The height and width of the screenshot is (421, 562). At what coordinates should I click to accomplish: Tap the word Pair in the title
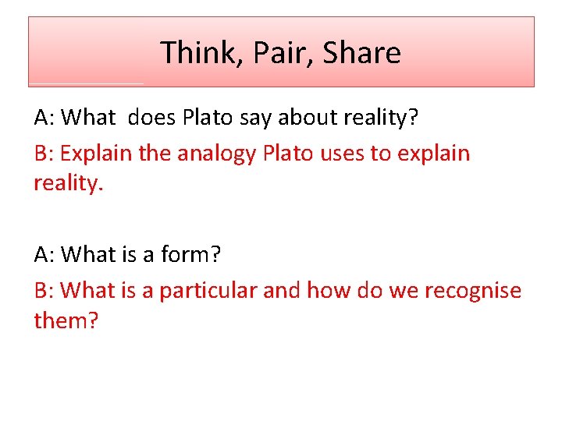[276, 53]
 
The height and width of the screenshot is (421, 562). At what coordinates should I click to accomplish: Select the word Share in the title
[361, 53]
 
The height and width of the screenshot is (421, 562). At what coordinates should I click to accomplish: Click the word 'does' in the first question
[151, 118]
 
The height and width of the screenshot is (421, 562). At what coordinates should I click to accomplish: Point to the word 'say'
[239, 118]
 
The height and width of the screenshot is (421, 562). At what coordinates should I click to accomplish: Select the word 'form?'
[191, 254]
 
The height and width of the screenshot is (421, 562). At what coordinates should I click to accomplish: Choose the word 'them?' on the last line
[66, 320]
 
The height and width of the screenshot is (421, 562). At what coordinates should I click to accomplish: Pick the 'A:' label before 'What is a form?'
[44, 254]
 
